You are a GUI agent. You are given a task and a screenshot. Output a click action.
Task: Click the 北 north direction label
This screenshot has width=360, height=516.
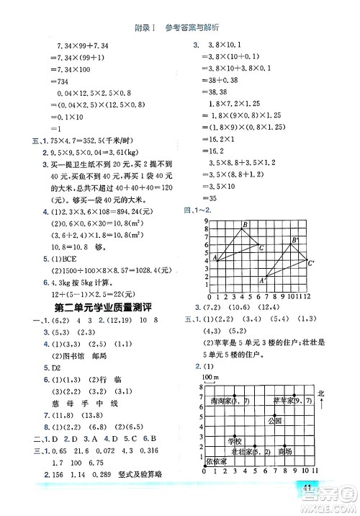320,392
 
